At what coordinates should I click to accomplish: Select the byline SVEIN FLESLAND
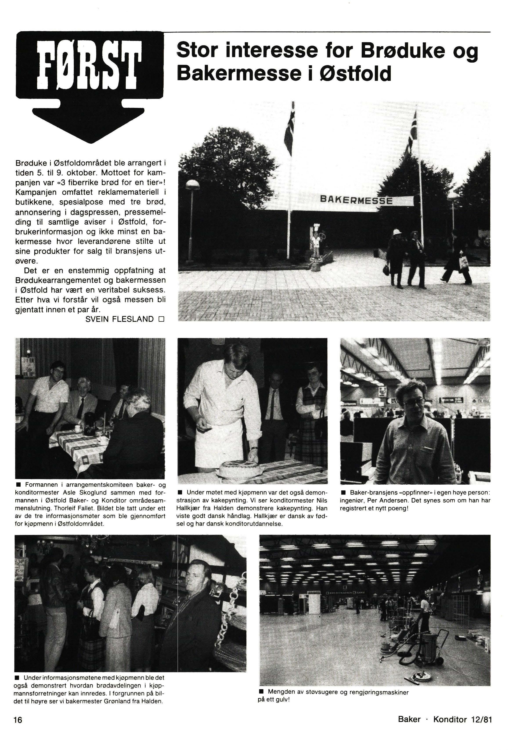pyautogui.click(x=119, y=319)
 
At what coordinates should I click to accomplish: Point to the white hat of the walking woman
pyautogui.click(x=396, y=232)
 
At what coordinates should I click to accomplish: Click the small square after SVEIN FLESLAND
pyautogui.click(x=161, y=319)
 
